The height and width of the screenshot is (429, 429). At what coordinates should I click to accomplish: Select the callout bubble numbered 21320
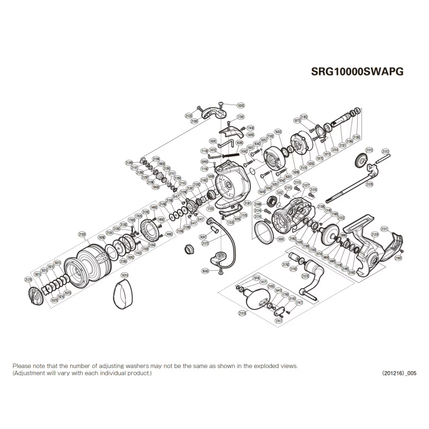click(x=82, y=234)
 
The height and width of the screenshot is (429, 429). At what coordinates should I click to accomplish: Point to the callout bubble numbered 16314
click(x=124, y=275)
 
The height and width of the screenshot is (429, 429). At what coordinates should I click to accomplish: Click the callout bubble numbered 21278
click(x=28, y=279)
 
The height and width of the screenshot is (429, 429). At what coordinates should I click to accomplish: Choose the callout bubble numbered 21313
click(x=369, y=150)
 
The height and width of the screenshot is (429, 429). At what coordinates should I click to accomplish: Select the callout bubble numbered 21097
click(x=398, y=258)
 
